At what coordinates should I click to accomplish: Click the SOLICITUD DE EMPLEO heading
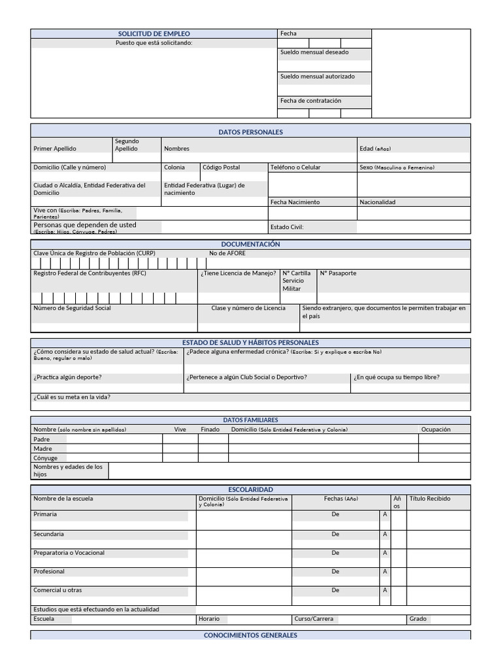[154, 33]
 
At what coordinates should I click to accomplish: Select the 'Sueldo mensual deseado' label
[314, 52]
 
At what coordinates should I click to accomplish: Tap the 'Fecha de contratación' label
[310, 101]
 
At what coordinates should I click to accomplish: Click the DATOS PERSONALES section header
[250, 132]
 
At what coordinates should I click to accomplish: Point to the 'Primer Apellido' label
[55, 149]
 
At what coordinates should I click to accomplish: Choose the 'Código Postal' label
[221, 167]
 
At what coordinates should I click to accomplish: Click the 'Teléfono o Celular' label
[295, 167]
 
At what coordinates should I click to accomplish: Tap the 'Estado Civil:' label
[287, 228]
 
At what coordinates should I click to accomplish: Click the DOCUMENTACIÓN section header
[250, 244]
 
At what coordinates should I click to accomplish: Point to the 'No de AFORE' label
[227, 253]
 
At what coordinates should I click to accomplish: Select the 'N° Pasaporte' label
[338, 273]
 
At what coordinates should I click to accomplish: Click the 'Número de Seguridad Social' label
[72, 308]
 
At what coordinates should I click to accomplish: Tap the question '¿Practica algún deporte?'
[67, 377]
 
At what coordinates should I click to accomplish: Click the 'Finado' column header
[210, 429]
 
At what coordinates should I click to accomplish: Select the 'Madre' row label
[42, 449]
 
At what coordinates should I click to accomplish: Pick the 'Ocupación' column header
[435, 429]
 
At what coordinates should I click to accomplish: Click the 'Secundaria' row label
[48, 534]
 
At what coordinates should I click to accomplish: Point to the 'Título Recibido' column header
[429, 499]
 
